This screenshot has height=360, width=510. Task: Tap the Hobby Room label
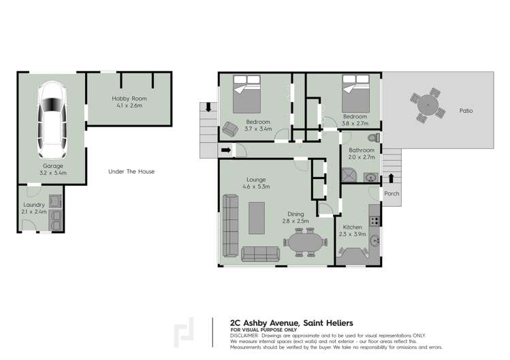(129, 99)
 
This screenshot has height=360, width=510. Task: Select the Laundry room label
(34, 204)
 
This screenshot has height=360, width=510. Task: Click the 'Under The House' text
(131, 171)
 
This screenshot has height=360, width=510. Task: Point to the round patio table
(428, 105)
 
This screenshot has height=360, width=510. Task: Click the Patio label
(466, 110)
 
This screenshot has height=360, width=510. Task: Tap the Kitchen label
(353, 227)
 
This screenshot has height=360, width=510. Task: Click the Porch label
(392, 194)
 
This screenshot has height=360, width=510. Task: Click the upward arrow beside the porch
(391, 179)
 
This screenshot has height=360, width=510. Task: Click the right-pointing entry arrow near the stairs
(225, 150)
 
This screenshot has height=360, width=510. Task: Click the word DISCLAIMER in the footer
(244, 336)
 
